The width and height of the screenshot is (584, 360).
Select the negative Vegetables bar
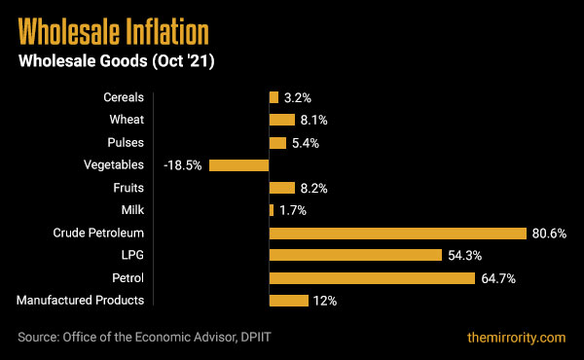(x=238, y=165)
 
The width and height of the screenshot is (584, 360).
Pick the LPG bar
(x=355, y=256)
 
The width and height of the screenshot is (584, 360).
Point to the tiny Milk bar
(x=272, y=210)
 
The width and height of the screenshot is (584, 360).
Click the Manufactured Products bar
(x=288, y=301)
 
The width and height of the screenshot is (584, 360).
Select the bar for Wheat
(x=282, y=121)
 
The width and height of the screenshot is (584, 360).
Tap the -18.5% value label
(x=183, y=165)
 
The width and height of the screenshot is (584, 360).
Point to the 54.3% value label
(x=464, y=256)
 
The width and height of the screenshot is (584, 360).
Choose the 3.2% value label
(x=298, y=98)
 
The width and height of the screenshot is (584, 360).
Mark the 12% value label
(x=324, y=301)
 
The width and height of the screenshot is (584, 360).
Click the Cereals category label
(x=124, y=97)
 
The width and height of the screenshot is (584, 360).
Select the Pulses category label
(x=127, y=143)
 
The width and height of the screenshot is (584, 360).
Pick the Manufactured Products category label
(x=81, y=301)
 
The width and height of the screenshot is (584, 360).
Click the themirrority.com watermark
(x=515, y=338)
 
